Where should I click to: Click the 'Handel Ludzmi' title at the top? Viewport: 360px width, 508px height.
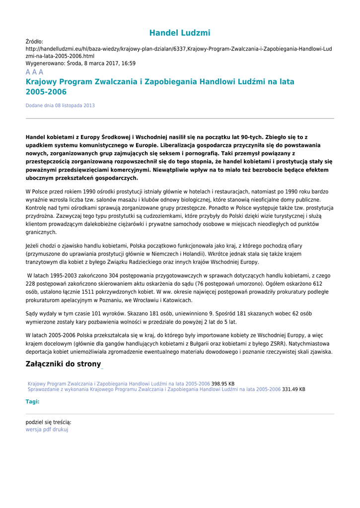(x=180, y=33)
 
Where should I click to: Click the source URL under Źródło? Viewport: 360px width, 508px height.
(x=179, y=53)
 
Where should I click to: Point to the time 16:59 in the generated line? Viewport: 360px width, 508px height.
(x=128, y=63)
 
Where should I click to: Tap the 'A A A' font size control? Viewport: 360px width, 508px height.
(x=34, y=72)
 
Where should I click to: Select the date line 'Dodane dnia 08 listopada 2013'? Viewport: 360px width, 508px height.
(x=60, y=106)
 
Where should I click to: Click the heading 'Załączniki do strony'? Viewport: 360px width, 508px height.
(x=63, y=364)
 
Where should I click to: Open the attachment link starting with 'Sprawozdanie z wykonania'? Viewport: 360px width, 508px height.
(x=154, y=389)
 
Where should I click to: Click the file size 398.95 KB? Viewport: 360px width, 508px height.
(x=223, y=383)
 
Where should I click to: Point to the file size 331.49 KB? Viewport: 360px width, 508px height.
(x=294, y=389)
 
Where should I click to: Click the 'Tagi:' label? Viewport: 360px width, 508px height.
(x=32, y=402)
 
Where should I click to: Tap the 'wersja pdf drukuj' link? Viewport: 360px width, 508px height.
(x=47, y=430)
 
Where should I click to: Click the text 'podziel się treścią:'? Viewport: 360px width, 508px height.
(x=48, y=422)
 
